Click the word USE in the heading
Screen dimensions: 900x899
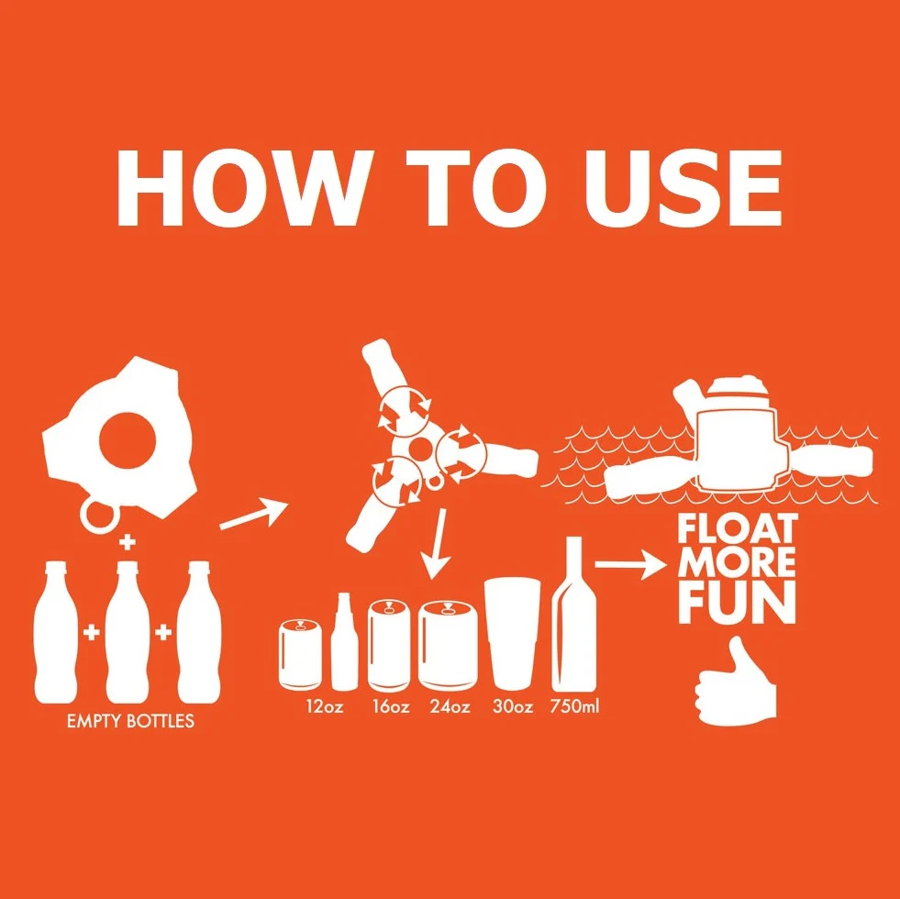pyautogui.click(x=683, y=188)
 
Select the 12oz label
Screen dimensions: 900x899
pyautogui.click(x=325, y=705)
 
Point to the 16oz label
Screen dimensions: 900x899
pyautogui.click(x=391, y=705)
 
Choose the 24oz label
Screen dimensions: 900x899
pyautogui.click(x=450, y=705)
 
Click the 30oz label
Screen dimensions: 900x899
pyautogui.click(x=513, y=705)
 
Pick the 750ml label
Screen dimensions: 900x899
pyautogui.click(x=574, y=705)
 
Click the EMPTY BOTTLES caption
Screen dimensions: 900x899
pyautogui.click(x=130, y=721)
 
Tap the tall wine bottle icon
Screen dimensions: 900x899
pyautogui.click(x=574, y=615)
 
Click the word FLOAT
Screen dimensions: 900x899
pyautogui.click(x=738, y=528)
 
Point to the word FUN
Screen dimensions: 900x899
pyautogui.click(x=738, y=603)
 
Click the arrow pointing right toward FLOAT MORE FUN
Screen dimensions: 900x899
pyautogui.click(x=631, y=564)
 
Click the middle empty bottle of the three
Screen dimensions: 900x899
pyautogui.click(x=128, y=632)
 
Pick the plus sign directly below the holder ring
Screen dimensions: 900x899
pyautogui.click(x=128, y=542)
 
